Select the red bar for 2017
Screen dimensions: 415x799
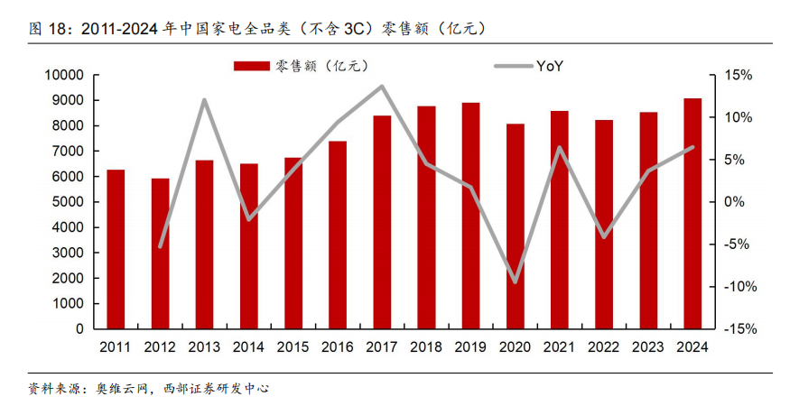(x=382, y=222)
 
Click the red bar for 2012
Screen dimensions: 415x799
(x=160, y=254)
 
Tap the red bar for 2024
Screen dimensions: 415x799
(x=692, y=213)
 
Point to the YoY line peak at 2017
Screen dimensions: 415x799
(x=382, y=87)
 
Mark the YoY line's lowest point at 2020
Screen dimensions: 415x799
(x=515, y=281)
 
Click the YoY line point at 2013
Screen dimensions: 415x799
(x=204, y=100)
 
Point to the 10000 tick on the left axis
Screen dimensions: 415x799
(x=63, y=75)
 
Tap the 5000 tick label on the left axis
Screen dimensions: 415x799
(x=67, y=202)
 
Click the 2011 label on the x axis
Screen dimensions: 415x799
(x=116, y=346)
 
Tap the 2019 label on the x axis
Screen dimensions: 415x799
(x=470, y=346)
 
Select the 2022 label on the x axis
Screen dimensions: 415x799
(x=603, y=346)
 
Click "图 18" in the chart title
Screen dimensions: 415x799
(x=49, y=28)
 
